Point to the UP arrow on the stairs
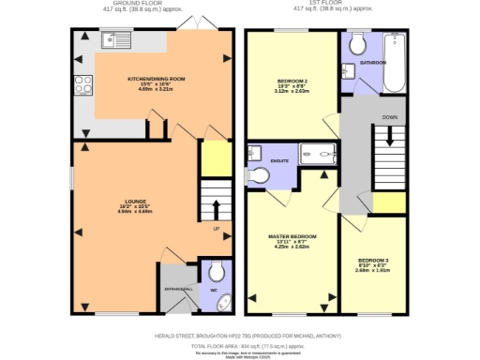point(215,204)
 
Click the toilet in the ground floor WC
point(217,272)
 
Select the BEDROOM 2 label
point(292,82)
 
